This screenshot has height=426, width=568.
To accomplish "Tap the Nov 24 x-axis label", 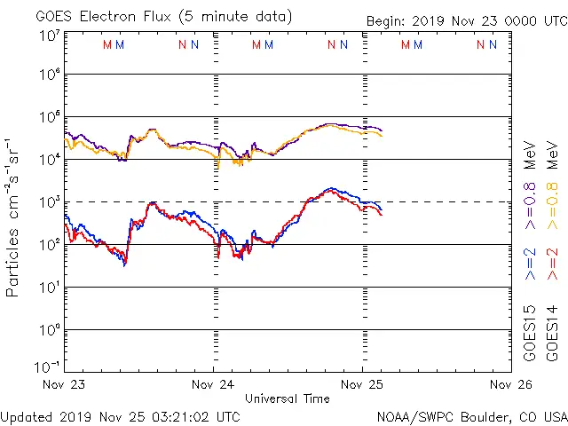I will click(213, 384).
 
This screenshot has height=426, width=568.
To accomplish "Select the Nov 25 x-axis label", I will click(362, 384).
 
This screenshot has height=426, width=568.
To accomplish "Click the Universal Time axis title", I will click(287, 398).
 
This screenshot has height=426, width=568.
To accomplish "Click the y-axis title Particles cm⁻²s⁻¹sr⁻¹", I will click(14, 217).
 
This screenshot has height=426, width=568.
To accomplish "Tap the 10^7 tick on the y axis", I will click(49, 35).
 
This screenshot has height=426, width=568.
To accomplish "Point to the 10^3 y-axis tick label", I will click(49, 203).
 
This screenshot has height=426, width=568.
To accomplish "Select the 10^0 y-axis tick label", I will click(49, 330).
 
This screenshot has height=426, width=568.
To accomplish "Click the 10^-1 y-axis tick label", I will click(49, 366).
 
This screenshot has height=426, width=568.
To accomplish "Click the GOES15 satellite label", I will click(530, 333).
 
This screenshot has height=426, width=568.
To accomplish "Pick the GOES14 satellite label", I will click(553, 333).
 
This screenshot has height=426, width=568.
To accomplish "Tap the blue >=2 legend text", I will click(530, 264).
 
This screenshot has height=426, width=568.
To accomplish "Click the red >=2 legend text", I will click(553, 264).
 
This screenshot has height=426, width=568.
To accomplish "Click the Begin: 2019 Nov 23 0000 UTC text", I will click(465, 21).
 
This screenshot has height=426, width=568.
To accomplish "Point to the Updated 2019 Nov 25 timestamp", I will click(121, 415).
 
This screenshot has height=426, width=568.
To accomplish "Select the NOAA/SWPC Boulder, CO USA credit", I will click(470, 415).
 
